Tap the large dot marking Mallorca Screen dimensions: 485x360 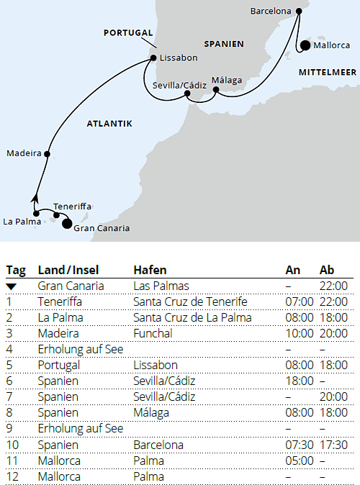point(305,46)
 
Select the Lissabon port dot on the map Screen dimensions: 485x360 point(153,58)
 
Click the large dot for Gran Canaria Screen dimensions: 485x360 point(68,224)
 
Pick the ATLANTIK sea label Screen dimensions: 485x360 point(109,124)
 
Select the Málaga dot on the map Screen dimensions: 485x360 point(215,90)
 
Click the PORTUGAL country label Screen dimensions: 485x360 point(128,32)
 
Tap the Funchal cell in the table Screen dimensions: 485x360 point(153,333)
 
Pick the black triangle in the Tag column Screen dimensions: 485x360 point(12,286)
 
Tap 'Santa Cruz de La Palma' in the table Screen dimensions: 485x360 point(192,317)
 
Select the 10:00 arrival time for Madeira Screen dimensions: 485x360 point(299,333)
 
